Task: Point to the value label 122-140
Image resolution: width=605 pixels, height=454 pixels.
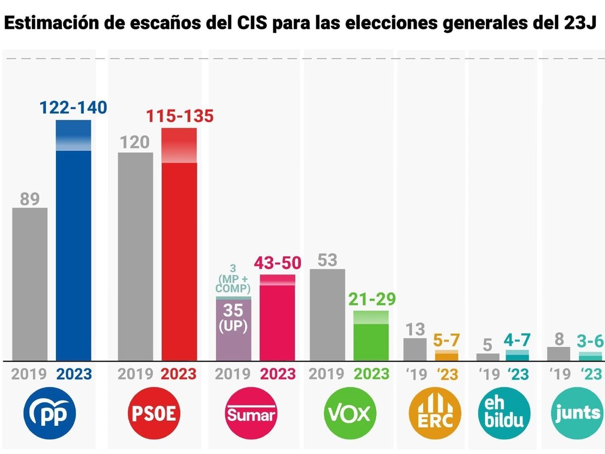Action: click(74, 108)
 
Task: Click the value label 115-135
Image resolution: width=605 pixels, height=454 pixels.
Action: click(180, 116)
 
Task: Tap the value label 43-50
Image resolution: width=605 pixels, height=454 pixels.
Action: click(277, 263)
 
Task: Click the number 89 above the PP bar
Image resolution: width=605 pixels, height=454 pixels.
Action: click(30, 199)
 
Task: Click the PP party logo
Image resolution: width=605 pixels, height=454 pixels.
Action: click(49, 414)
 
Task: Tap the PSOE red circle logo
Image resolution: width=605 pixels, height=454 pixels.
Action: click(154, 414)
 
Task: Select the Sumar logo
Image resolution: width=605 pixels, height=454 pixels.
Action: click(251, 414)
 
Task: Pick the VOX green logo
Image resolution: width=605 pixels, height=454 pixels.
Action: click(349, 414)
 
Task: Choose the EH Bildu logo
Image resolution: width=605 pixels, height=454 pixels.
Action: click(505, 414)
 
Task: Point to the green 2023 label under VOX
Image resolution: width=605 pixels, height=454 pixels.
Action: click(371, 374)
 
